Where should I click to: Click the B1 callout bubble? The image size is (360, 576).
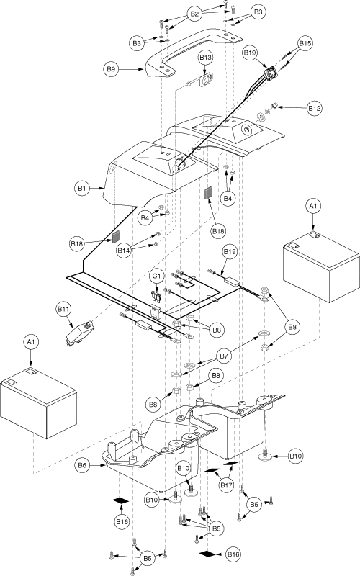coord(81,189)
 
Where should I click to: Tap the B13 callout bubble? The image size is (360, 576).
coord(206,58)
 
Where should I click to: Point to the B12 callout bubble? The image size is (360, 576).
coord(315,109)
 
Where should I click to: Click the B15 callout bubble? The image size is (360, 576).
coord(305,43)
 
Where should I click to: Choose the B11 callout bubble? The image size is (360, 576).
coord(63,310)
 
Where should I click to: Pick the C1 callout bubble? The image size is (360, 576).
coord(157,276)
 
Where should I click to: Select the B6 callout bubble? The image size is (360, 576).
coord(82,465)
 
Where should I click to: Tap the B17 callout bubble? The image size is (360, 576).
coord(227,485)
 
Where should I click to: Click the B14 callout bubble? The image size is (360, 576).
coord(124,251)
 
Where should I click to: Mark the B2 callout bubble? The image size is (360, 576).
coord(194,14)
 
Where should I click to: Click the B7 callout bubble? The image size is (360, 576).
coord(224,356)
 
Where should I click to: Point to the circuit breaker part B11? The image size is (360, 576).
coord(80,333)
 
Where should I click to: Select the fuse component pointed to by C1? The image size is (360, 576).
coord(156,296)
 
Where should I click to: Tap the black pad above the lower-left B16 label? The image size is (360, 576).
coord(121,500)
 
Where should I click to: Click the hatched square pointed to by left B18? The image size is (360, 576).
coord(117,237)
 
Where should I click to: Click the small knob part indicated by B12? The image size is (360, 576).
coord(274,106)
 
